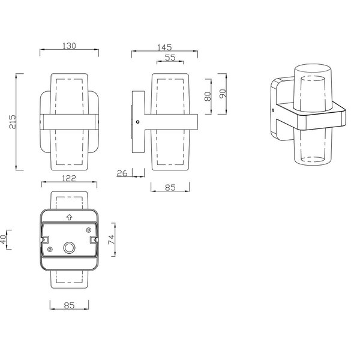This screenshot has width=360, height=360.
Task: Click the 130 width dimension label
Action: [69, 46]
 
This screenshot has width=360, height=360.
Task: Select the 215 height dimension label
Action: [13, 122]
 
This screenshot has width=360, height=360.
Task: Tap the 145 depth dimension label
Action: [164, 47]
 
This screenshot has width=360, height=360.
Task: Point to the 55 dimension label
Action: [170, 58]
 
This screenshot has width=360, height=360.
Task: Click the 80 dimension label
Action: [208, 97]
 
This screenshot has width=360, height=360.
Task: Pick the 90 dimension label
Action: [223, 94]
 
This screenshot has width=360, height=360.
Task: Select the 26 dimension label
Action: [122, 173]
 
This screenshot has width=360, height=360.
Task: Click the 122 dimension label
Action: [69, 178]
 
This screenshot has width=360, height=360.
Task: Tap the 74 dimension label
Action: [112, 239]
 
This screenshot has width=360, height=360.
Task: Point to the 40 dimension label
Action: [4, 239]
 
